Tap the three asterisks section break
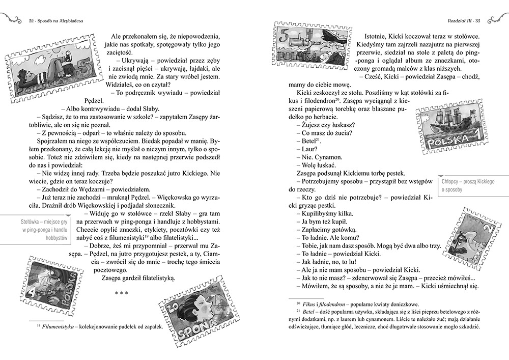click(121, 293)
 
